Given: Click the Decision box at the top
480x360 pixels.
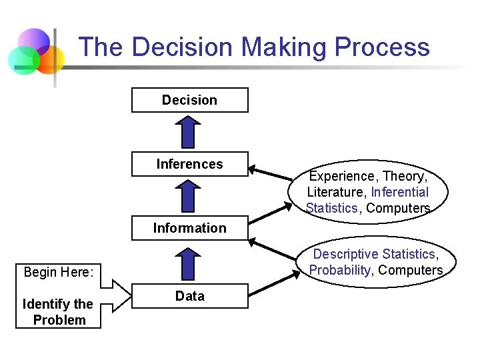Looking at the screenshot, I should click(x=190, y=100).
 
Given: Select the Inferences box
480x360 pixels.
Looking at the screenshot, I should click(x=190, y=164).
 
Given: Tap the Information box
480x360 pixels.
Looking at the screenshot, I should click(x=190, y=228).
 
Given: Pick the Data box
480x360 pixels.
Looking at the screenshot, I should click(x=190, y=296).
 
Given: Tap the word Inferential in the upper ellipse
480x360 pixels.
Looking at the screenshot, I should click(x=400, y=193).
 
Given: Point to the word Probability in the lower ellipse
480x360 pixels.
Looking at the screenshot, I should click(x=339, y=270).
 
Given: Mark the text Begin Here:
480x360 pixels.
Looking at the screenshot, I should click(x=57, y=272).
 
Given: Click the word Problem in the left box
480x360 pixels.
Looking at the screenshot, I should click(x=59, y=320).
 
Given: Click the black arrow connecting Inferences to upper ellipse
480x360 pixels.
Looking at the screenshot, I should click(x=270, y=174).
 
